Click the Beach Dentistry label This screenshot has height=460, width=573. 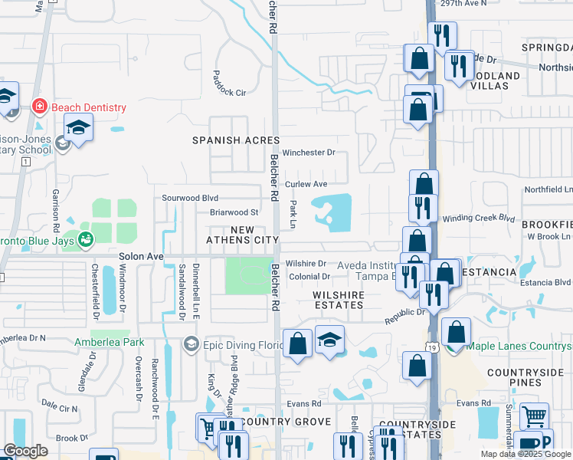point(87,108)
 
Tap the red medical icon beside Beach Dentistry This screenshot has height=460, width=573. point(38,106)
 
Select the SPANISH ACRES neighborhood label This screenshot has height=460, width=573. point(235,140)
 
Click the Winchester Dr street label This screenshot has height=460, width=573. point(309,153)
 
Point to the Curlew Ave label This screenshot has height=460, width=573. point(306,184)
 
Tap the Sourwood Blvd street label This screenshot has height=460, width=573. point(190,198)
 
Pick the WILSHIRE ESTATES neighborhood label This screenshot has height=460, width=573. point(338,300)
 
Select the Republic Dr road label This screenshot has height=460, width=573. point(404,314)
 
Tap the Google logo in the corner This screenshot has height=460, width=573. point(25,451)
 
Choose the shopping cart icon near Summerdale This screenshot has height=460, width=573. point(534,417)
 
